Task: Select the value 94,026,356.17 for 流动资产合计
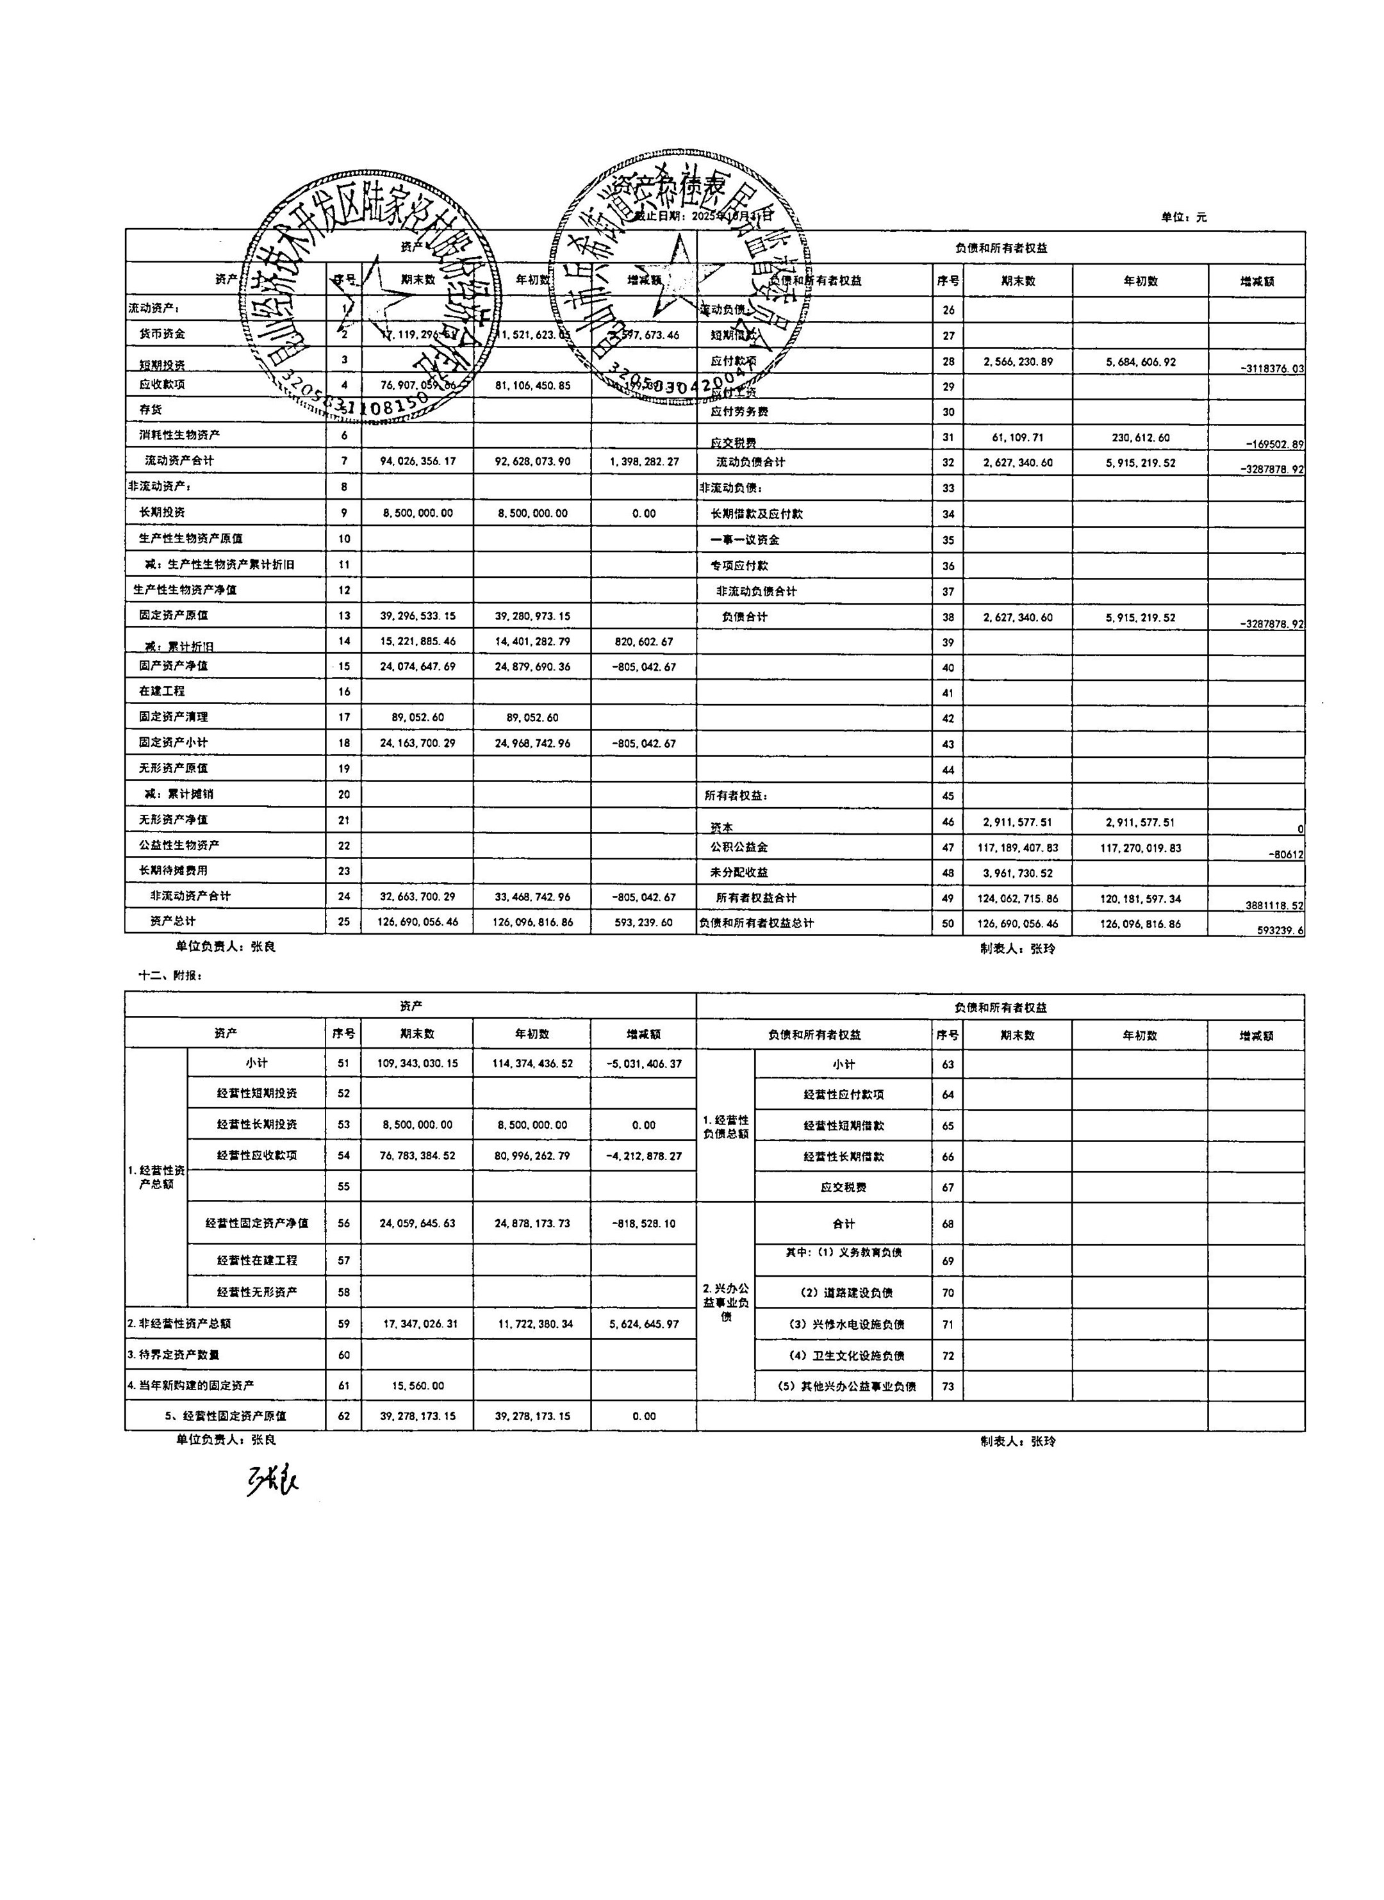[x=418, y=461]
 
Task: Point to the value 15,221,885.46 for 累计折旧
[x=418, y=642]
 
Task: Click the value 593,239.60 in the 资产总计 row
[x=643, y=922]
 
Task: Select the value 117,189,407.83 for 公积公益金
[x=1017, y=848]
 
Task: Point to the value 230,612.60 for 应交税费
[x=1141, y=438]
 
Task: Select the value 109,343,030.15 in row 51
[x=418, y=1063]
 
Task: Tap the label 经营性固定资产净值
[x=256, y=1223]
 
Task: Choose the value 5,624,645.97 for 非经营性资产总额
[x=643, y=1323]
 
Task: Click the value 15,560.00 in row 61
[x=418, y=1386]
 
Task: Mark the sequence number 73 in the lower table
[x=948, y=1386]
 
